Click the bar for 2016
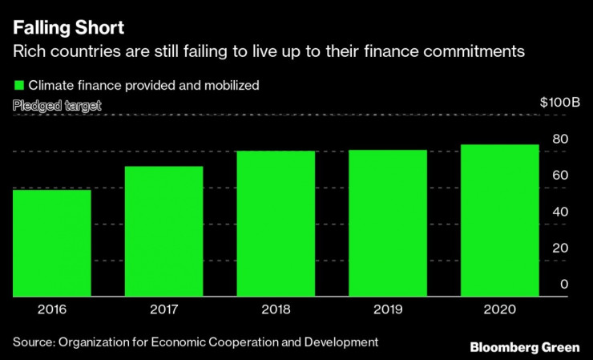pos(51,243)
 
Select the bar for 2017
pos(163,231)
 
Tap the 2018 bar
pos(276,223)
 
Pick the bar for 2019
pos(388,223)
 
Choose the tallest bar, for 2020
pos(499,220)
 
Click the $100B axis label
pos(559,103)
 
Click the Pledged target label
pos(57,105)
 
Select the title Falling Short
pos(68,28)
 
